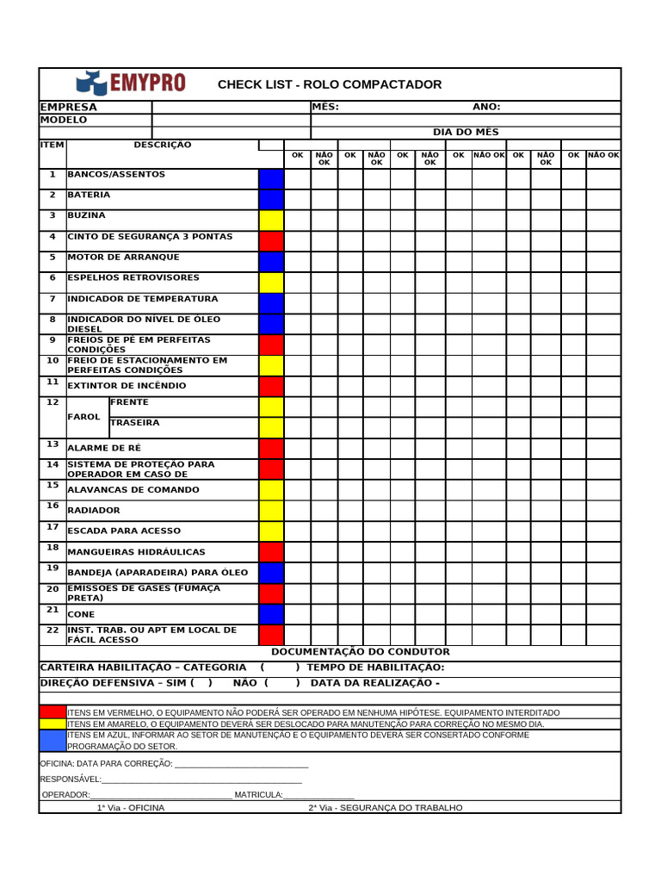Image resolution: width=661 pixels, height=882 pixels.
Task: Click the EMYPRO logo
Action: coord(131,83)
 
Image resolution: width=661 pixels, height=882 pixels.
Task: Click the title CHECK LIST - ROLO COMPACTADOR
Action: coord(330,84)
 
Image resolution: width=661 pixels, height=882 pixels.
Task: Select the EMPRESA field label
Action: coord(69,108)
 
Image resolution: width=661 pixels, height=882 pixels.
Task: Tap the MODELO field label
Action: coord(64,121)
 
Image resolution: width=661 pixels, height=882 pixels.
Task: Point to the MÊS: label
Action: coord(325,108)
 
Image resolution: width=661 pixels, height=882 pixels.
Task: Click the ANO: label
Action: coord(486,108)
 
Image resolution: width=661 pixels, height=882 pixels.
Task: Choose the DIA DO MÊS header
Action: coord(466,133)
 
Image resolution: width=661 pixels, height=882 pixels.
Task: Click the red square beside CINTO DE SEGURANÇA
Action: coord(271,241)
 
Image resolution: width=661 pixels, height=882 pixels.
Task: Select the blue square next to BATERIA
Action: coord(271,200)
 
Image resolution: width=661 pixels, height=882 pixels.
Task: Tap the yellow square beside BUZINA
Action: coord(271,220)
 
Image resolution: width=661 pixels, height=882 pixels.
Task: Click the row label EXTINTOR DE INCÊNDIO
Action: coord(127,386)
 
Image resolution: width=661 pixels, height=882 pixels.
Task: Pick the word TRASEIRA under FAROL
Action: coord(134,423)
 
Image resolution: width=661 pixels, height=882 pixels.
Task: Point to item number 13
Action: coord(53,444)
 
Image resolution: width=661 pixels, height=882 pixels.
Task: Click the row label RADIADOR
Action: coord(94,511)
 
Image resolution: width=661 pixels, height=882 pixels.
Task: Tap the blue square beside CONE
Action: coord(271,614)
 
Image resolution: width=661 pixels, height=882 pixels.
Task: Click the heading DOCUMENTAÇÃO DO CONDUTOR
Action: coord(360,652)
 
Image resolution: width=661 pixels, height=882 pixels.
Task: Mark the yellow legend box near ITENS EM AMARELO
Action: coord(53,724)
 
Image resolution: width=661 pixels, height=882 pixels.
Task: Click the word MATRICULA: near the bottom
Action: coord(258,794)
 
